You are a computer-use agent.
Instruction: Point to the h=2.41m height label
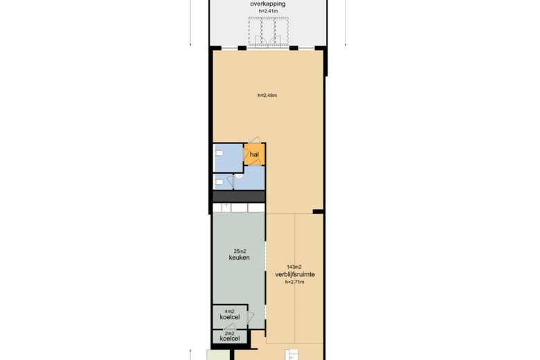point(269,11)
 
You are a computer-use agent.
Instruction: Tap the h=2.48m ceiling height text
point(267,96)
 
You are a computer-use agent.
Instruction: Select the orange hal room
point(255,154)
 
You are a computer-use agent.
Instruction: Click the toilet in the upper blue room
point(219,153)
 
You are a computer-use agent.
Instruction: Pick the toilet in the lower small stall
point(219,181)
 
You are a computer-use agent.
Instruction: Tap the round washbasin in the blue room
point(240,176)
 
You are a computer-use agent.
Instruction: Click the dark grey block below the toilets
point(239,197)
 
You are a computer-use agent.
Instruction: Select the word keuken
point(240,258)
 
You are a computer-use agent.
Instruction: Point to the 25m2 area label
point(240,251)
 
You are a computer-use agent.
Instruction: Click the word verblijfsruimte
point(295,275)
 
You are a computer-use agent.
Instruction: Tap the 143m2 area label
point(294,267)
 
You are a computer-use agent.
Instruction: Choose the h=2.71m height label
point(294,282)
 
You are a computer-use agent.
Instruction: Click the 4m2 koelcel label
point(230,314)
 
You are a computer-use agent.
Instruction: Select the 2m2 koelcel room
point(230,336)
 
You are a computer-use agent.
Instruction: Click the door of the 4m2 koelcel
point(250,317)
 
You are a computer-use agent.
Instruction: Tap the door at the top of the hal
point(255,141)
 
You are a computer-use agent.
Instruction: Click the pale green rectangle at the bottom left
point(218,355)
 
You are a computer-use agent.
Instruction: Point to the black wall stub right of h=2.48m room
point(318,211)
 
